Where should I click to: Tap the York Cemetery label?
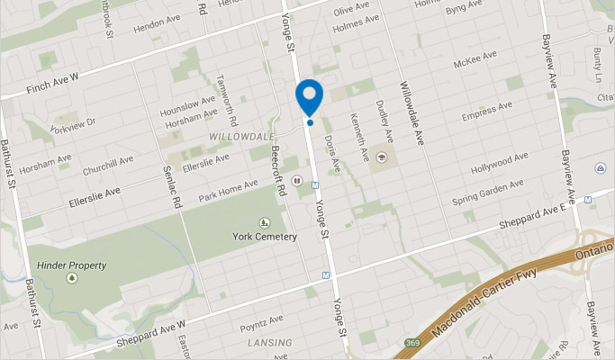(x=264, y=237)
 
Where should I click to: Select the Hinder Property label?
(x=72, y=265)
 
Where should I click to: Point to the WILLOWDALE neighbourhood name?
(x=240, y=137)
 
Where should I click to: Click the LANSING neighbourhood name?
(x=270, y=343)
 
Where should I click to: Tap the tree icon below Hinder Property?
(x=72, y=279)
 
